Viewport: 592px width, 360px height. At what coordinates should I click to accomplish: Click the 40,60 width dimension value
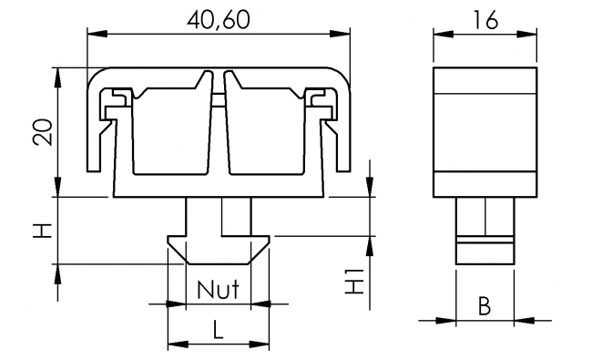[x=219, y=17]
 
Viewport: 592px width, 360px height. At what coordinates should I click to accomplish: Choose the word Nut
[x=218, y=291]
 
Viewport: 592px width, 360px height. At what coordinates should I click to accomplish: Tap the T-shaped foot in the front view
[x=219, y=242]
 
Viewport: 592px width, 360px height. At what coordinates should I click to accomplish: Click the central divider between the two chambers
[x=219, y=118]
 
